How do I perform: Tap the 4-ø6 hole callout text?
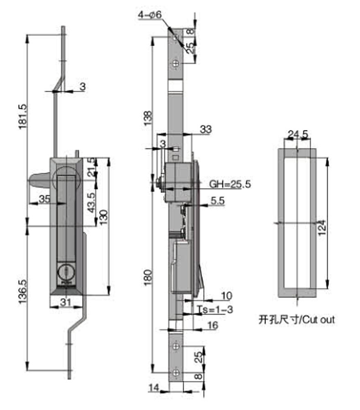point(150,15)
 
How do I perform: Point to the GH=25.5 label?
point(230,184)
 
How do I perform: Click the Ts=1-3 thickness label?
point(215,310)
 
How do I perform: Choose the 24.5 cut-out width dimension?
point(298,134)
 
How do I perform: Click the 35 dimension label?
point(45,199)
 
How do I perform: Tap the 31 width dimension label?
point(66,301)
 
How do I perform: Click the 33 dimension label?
point(206,130)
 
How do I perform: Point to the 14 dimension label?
point(153,387)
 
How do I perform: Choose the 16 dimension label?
point(212,325)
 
